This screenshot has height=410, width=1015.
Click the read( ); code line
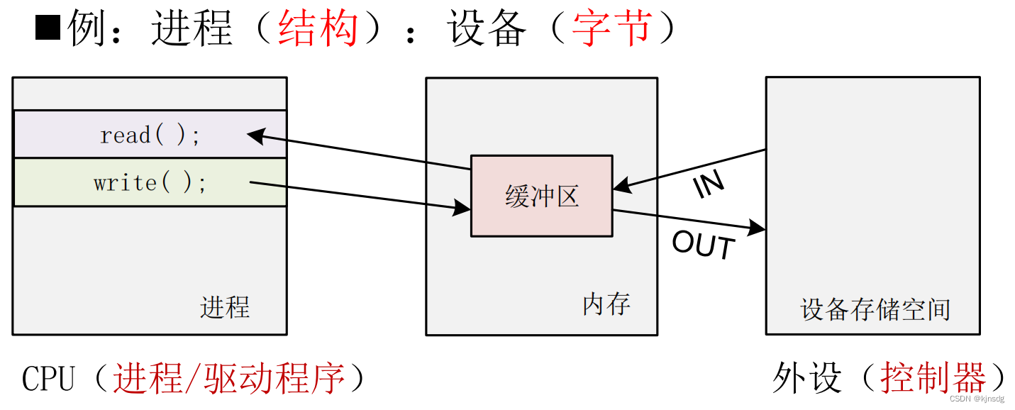(150, 135)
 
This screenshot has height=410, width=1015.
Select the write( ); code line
(150, 183)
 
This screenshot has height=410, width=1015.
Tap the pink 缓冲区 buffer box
(541, 196)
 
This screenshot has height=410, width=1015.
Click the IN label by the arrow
(709, 184)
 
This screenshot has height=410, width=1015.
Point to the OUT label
(703, 246)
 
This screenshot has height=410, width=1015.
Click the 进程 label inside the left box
(225, 307)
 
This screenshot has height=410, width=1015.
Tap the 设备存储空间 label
(875, 309)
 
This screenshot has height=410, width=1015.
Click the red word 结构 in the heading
(318, 29)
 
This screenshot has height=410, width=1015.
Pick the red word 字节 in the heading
(611, 29)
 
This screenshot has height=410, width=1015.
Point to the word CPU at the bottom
(48, 378)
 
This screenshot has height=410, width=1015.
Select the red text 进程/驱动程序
(229, 378)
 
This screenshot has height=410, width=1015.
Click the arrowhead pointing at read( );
(254, 134)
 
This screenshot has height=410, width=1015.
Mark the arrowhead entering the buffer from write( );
(463, 208)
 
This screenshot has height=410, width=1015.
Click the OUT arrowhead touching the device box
(758, 228)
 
